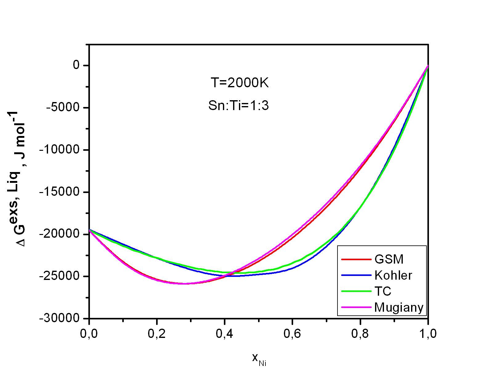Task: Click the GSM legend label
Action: click(389, 259)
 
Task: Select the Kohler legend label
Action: click(393, 275)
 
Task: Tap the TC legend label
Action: click(383, 291)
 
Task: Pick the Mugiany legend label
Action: click(399, 307)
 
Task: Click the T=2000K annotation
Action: click(240, 83)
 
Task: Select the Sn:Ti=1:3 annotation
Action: click(239, 106)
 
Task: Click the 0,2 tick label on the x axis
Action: click(157, 334)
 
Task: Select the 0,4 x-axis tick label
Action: click(224, 334)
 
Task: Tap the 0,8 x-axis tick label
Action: click(360, 334)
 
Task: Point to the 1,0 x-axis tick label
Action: click(428, 334)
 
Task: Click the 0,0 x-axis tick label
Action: click(89, 334)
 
